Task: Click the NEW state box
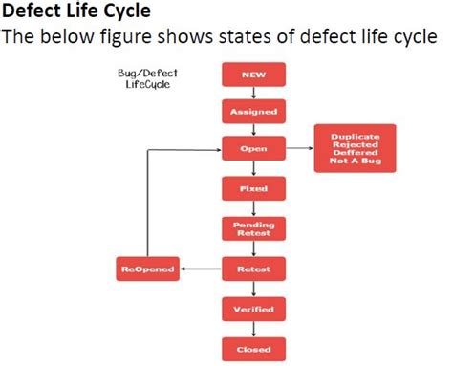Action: coord(253,74)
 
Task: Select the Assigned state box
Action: coord(253,111)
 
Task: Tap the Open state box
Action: coord(253,149)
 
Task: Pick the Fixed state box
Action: coord(253,189)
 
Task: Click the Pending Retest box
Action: coord(253,228)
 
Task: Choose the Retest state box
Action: coord(253,269)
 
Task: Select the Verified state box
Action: coord(253,310)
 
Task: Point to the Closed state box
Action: coord(253,348)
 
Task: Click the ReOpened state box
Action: coord(148,269)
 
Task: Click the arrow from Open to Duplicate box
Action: coord(299,149)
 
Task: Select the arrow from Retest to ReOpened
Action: coord(202,269)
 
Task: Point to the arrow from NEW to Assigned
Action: coord(253,92)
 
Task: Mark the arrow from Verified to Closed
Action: coord(253,329)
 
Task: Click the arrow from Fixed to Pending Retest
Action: coord(253,208)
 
